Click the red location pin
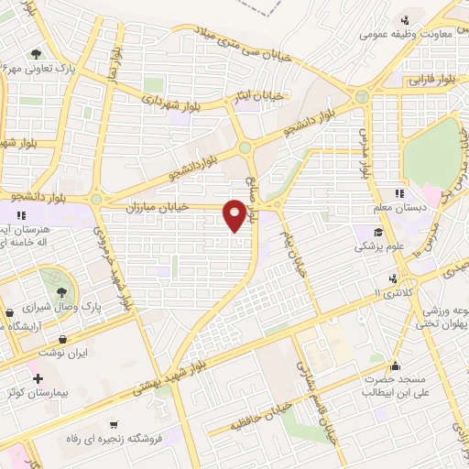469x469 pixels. click(x=237, y=213)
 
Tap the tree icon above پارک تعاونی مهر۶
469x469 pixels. click(x=36, y=53)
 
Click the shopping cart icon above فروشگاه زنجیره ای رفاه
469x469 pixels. click(x=113, y=424)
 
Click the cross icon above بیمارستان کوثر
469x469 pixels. click(x=38, y=378)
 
